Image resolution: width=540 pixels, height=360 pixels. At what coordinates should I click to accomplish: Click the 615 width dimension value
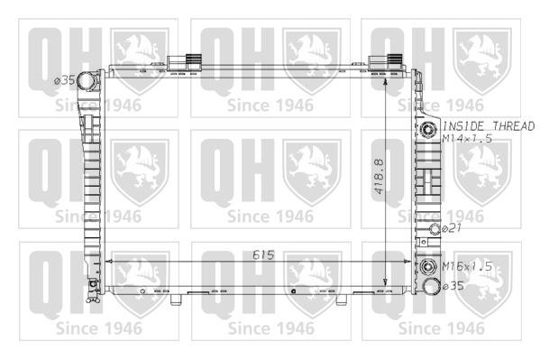(263, 255)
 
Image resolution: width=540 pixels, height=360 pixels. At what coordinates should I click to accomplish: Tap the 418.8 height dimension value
(379, 176)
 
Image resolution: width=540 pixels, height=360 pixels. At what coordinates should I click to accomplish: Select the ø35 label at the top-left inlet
(64, 80)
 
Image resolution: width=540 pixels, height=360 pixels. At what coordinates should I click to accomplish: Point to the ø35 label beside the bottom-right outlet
(453, 286)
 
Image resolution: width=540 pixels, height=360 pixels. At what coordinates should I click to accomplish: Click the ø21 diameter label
(451, 228)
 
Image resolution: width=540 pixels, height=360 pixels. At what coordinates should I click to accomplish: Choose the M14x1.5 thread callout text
(467, 139)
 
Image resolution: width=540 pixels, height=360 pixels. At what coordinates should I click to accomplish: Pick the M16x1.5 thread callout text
(467, 266)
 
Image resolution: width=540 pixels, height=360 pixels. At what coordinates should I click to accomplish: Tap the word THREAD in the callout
(513, 126)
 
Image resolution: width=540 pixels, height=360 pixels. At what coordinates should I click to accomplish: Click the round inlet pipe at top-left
(86, 81)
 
